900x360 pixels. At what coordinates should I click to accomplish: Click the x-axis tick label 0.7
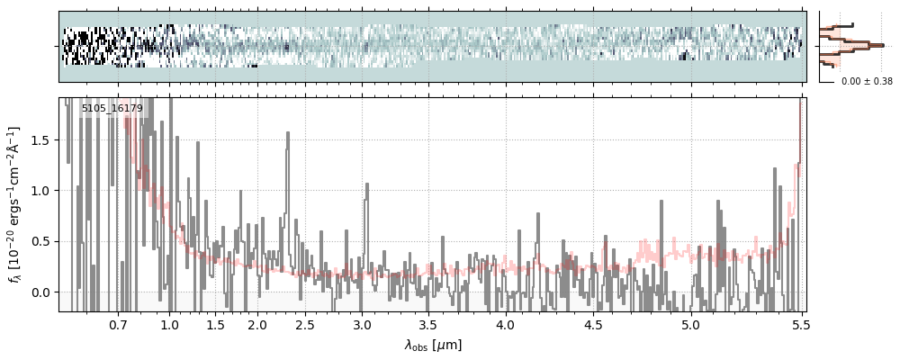click(118, 324)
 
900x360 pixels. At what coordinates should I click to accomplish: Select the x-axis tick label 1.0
click(170, 324)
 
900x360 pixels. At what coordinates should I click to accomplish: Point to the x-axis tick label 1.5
click(215, 324)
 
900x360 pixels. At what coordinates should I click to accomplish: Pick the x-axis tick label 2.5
click(305, 324)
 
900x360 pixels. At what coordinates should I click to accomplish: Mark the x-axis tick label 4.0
click(506, 324)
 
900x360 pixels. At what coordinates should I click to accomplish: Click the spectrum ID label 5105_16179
click(112, 107)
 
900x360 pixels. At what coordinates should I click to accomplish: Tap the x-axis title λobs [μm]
click(433, 346)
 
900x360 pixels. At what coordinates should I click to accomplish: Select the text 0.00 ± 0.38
click(867, 82)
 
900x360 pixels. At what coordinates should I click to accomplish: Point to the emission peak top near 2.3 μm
click(288, 132)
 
